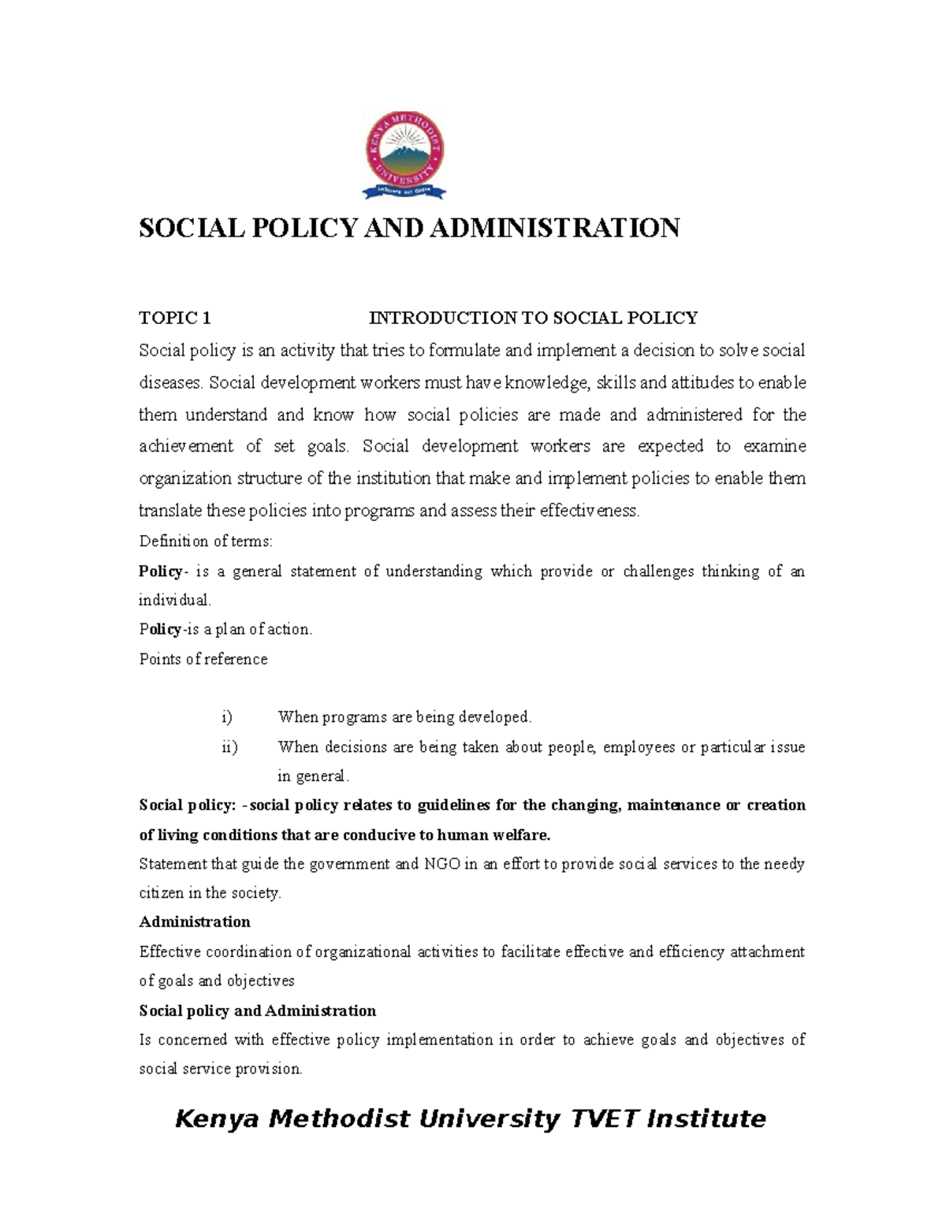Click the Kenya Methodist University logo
pos(404,154)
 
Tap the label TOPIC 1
pos(174,318)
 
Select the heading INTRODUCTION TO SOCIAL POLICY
pos(534,318)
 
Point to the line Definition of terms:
pos(206,541)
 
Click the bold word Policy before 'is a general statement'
pos(160,571)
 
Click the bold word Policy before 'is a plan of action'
pos(160,630)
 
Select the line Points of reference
pos(203,659)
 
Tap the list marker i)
pos(227,717)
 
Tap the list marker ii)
pos(229,747)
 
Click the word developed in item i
pos(497,717)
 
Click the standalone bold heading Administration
pos(195,922)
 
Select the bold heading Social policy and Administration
pos(257,1011)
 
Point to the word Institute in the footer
pos(706,1119)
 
